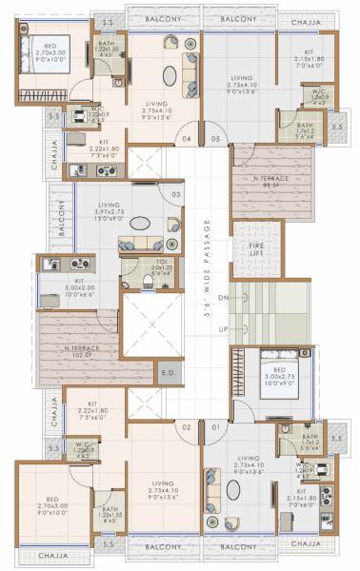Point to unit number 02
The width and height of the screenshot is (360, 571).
(x=188, y=427)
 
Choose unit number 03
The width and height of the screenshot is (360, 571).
(x=176, y=195)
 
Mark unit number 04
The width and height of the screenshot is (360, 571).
(x=188, y=139)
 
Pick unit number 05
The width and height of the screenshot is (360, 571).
(x=215, y=139)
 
